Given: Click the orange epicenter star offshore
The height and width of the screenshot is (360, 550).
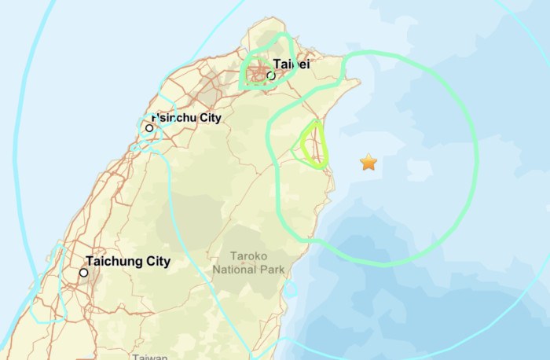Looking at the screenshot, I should (x=368, y=163).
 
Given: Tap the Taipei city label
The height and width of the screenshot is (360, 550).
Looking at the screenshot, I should (x=291, y=64).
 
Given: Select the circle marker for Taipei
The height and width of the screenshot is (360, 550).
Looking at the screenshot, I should (x=270, y=76).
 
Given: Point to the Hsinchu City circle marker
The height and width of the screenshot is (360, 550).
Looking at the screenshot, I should (x=148, y=127).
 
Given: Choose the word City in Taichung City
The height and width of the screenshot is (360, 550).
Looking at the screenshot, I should (x=153, y=261).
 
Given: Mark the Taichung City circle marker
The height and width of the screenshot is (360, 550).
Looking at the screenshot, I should (x=83, y=273).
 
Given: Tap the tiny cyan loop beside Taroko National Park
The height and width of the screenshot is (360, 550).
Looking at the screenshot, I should (x=291, y=289).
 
